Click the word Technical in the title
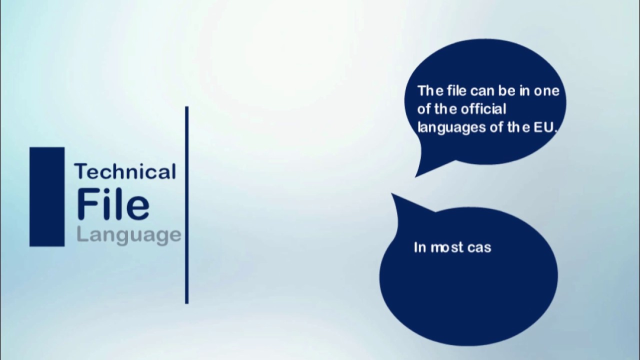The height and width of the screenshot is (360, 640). (x=125, y=171)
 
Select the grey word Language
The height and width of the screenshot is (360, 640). (x=128, y=234)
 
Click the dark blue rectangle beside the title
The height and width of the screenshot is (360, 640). (x=47, y=196)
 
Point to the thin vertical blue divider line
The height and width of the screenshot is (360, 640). (x=187, y=205)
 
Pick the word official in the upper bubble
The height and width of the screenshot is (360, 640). (x=483, y=109)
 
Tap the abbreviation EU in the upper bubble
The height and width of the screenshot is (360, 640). (x=545, y=127)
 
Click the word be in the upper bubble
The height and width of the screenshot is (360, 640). (x=507, y=91)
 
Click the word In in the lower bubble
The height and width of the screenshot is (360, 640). (x=419, y=247)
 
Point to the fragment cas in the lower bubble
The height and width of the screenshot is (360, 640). (x=479, y=247)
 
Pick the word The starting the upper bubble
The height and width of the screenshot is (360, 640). (x=427, y=91)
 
